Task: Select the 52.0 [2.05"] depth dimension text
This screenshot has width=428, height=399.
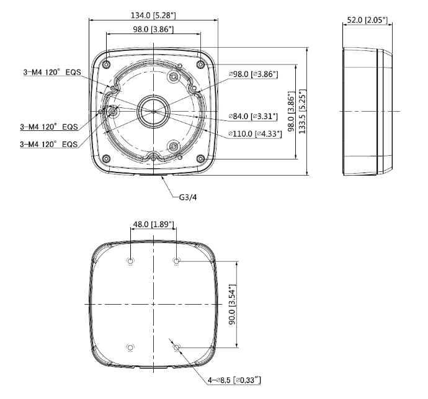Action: [366, 20]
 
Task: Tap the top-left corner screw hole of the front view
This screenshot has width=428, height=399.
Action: [107, 65]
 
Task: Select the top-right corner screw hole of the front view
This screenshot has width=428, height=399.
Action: [200, 65]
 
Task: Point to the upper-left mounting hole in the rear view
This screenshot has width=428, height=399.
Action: [130, 261]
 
